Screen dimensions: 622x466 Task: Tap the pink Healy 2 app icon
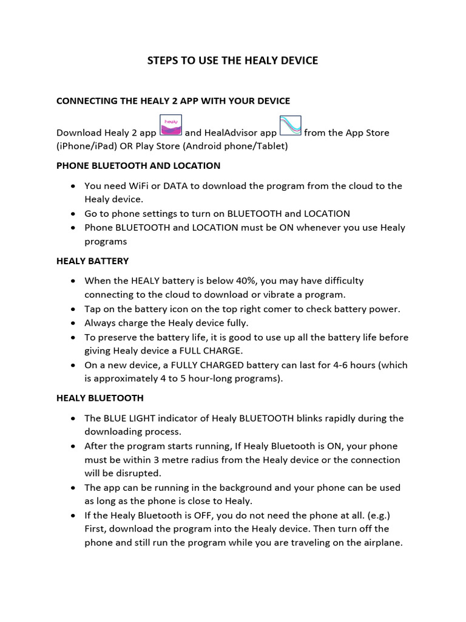(171, 126)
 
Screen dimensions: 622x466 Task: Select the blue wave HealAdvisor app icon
(290, 126)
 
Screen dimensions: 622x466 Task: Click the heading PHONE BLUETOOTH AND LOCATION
(138, 165)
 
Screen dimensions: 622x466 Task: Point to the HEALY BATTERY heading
(92, 261)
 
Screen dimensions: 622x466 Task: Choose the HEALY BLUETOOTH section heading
(100, 398)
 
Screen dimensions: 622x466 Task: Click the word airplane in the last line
(382, 542)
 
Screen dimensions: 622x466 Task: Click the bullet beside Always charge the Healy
(73, 323)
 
